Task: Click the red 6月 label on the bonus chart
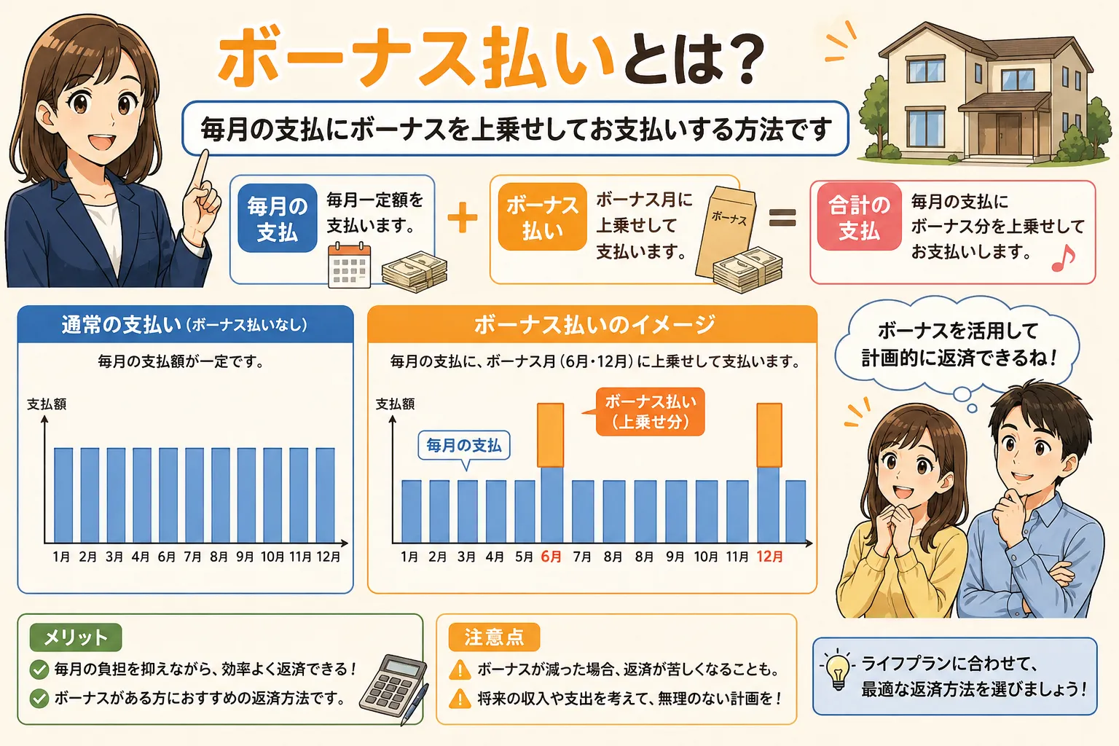pos(551,557)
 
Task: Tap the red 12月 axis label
pos(769,557)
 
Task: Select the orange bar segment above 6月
pos(550,435)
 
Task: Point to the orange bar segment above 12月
pos(769,435)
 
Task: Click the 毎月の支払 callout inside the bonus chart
pos(464,445)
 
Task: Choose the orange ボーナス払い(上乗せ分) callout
pos(651,412)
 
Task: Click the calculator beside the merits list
pos(393,686)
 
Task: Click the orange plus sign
pos(463,218)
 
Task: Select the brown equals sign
pos(782,218)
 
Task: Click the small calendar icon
pos(349,266)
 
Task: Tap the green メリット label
pos(76,637)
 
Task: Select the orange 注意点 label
pos(494,637)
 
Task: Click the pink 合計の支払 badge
pos(860,218)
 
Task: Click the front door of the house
pos(1008,133)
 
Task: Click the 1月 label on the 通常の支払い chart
pos(61,557)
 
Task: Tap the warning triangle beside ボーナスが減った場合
pos(460,669)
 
